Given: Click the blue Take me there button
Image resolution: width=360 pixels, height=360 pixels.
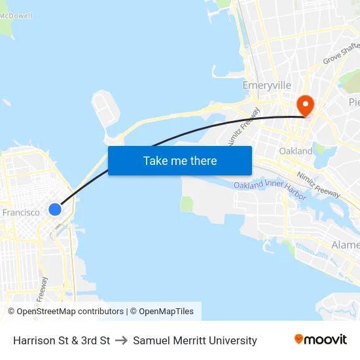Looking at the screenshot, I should (x=179, y=160).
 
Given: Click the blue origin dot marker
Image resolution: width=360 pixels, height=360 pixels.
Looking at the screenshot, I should (x=55, y=209).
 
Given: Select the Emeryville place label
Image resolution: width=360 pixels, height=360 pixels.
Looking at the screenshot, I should (x=266, y=86).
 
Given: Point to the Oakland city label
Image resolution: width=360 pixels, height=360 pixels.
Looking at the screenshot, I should (x=296, y=151).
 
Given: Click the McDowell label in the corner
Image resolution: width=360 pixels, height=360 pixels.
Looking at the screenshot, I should (x=16, y=16).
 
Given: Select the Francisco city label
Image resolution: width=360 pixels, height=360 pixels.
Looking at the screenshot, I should (x=21, y=212).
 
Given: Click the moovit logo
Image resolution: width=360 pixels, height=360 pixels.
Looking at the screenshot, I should (x=320, y=340).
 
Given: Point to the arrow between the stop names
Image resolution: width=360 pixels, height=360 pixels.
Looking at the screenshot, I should (x=121, y=340).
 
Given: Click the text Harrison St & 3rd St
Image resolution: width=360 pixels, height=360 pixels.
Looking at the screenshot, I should (x=62, y=340).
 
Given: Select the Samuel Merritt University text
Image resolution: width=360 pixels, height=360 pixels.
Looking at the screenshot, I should (x=195, y=340).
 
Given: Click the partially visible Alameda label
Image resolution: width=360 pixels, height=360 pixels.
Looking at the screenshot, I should (x=346, y=245).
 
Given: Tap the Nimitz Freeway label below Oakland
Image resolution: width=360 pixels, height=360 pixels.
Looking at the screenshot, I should (x=318, y=185).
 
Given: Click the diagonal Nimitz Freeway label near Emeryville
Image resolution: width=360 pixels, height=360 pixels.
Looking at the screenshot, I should (x=242, y=126).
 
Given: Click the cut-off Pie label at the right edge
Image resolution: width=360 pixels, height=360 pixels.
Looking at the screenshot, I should (x=353, y=102).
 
